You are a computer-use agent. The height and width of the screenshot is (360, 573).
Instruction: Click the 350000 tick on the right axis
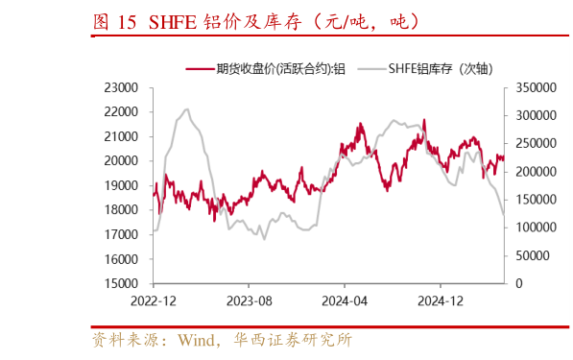pyautogui.click(x=534, y=87)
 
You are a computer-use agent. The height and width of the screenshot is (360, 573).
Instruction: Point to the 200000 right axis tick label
pyautogui.click(x=534, y=171)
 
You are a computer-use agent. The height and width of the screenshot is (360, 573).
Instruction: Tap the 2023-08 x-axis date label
pyautogui.click(x=248, y=300)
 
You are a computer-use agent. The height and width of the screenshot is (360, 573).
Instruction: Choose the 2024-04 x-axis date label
pyautogui.click(x=344, y=300)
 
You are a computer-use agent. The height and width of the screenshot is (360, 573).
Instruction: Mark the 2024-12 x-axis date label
pyautogui.click(x=440, y=300)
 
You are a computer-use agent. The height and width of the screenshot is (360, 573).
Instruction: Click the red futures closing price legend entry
pyautogui.click(x=264, y=68)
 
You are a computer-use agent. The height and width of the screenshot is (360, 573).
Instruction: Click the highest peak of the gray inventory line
pyautogui.click(x=186, y=109)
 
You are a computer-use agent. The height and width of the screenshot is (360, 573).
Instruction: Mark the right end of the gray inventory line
pyautogui.click(x=504, y=215)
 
